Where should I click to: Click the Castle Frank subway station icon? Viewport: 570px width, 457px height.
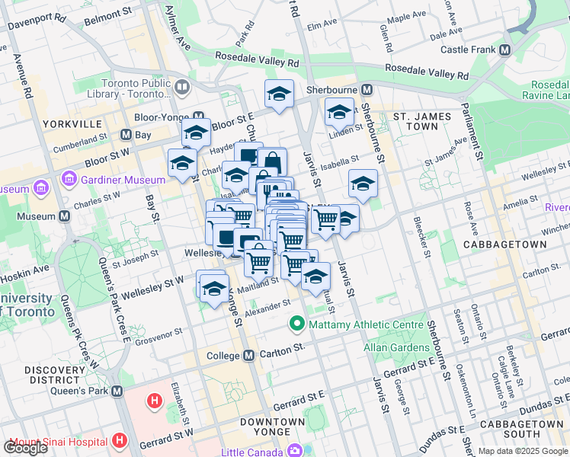505,50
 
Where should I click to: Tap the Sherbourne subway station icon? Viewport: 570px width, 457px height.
366,89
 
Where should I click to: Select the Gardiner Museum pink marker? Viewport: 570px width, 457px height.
69,180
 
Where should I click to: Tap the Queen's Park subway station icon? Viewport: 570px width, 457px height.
117,391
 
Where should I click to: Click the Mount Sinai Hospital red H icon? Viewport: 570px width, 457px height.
119,440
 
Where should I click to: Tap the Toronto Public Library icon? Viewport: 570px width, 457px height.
181,88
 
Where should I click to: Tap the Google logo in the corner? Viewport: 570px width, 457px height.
25,447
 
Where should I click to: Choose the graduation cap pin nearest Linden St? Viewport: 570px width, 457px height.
339,112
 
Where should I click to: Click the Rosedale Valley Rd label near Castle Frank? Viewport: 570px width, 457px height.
427,72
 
